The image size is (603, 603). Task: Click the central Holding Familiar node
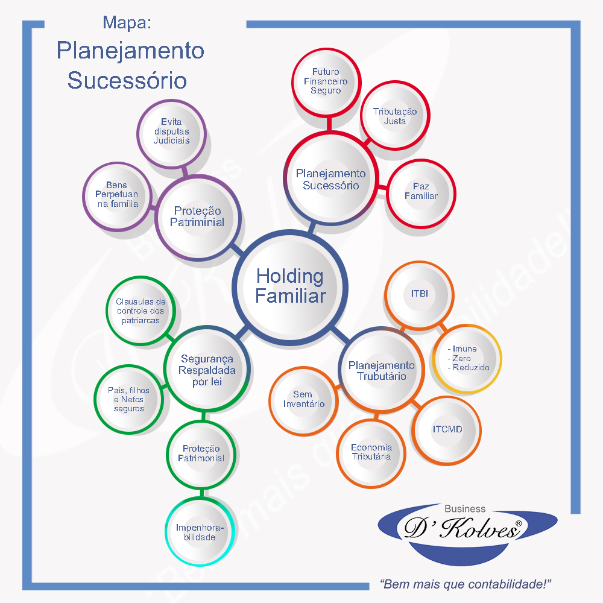coord(290,286)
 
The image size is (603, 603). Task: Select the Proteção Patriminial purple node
coord(197,216)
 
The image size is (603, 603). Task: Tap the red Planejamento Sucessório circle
coord(330,179)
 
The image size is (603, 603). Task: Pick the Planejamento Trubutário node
coord(381,370)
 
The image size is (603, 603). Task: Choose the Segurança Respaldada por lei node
coord(207,370)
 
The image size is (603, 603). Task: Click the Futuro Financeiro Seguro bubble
coord(326,81)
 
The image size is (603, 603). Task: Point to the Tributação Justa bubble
coord(395,116)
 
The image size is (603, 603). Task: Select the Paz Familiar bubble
coord(421,191)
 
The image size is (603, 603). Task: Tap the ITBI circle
coord(419,294)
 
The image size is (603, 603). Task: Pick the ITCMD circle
coord(447,430)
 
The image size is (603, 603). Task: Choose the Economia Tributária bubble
coord(371,452)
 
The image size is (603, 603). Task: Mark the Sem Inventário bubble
coord(303,399)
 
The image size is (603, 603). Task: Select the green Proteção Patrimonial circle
coord(201,453)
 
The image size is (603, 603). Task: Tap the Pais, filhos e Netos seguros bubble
coord(128,399)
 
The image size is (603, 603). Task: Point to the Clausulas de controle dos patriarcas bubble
coord(140,311)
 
